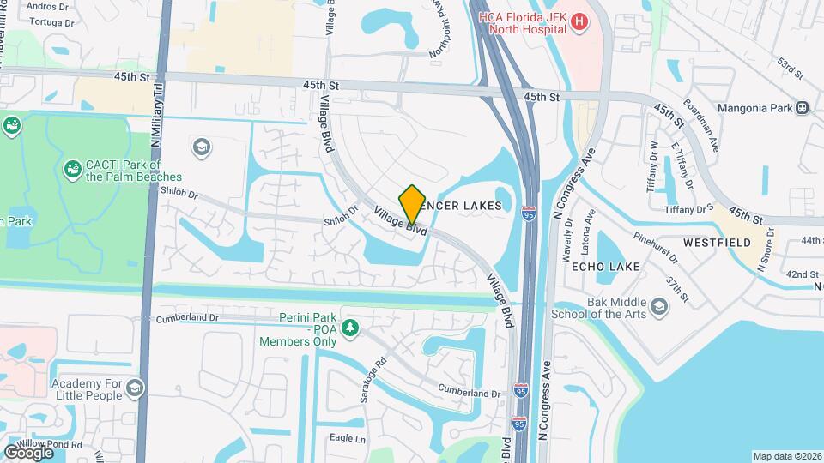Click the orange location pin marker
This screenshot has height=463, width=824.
[412, 204]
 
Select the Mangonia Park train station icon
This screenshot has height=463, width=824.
[803, 108]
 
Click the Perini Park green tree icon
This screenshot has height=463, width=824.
[350, 328]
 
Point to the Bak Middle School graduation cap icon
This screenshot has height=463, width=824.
[659, 307]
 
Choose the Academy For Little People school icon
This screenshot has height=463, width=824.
[134, 390]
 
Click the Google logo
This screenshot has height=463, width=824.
[28, 452]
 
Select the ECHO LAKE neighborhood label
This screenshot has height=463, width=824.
[605, 267]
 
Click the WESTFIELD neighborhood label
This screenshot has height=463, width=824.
[712, 243]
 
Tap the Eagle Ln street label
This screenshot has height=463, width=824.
[348, 438]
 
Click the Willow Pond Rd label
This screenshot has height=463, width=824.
[52, 445]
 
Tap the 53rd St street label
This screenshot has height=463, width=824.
[789, 67]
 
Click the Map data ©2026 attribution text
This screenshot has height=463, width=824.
[786, 456]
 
